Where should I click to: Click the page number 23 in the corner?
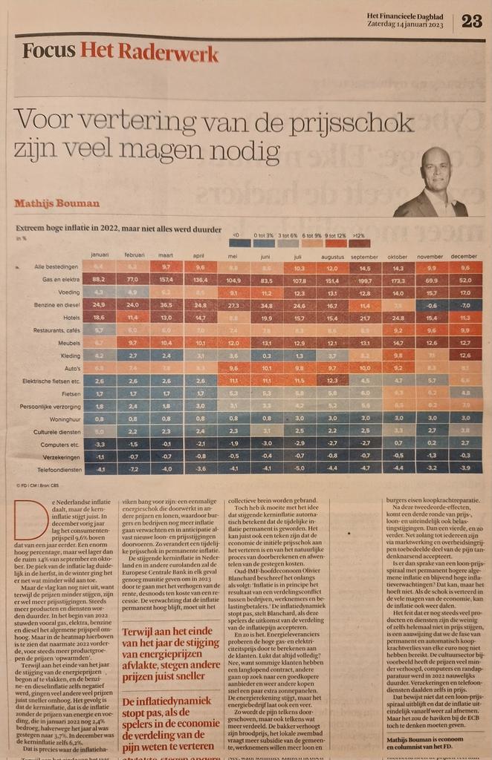[x=471, y=21]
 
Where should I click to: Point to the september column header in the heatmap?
[x=364, y=255]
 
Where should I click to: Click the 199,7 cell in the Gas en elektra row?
[x=364, y=280]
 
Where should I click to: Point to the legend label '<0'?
[x=236, y=235]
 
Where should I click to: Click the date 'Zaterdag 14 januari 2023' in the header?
[x=411, y=24]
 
